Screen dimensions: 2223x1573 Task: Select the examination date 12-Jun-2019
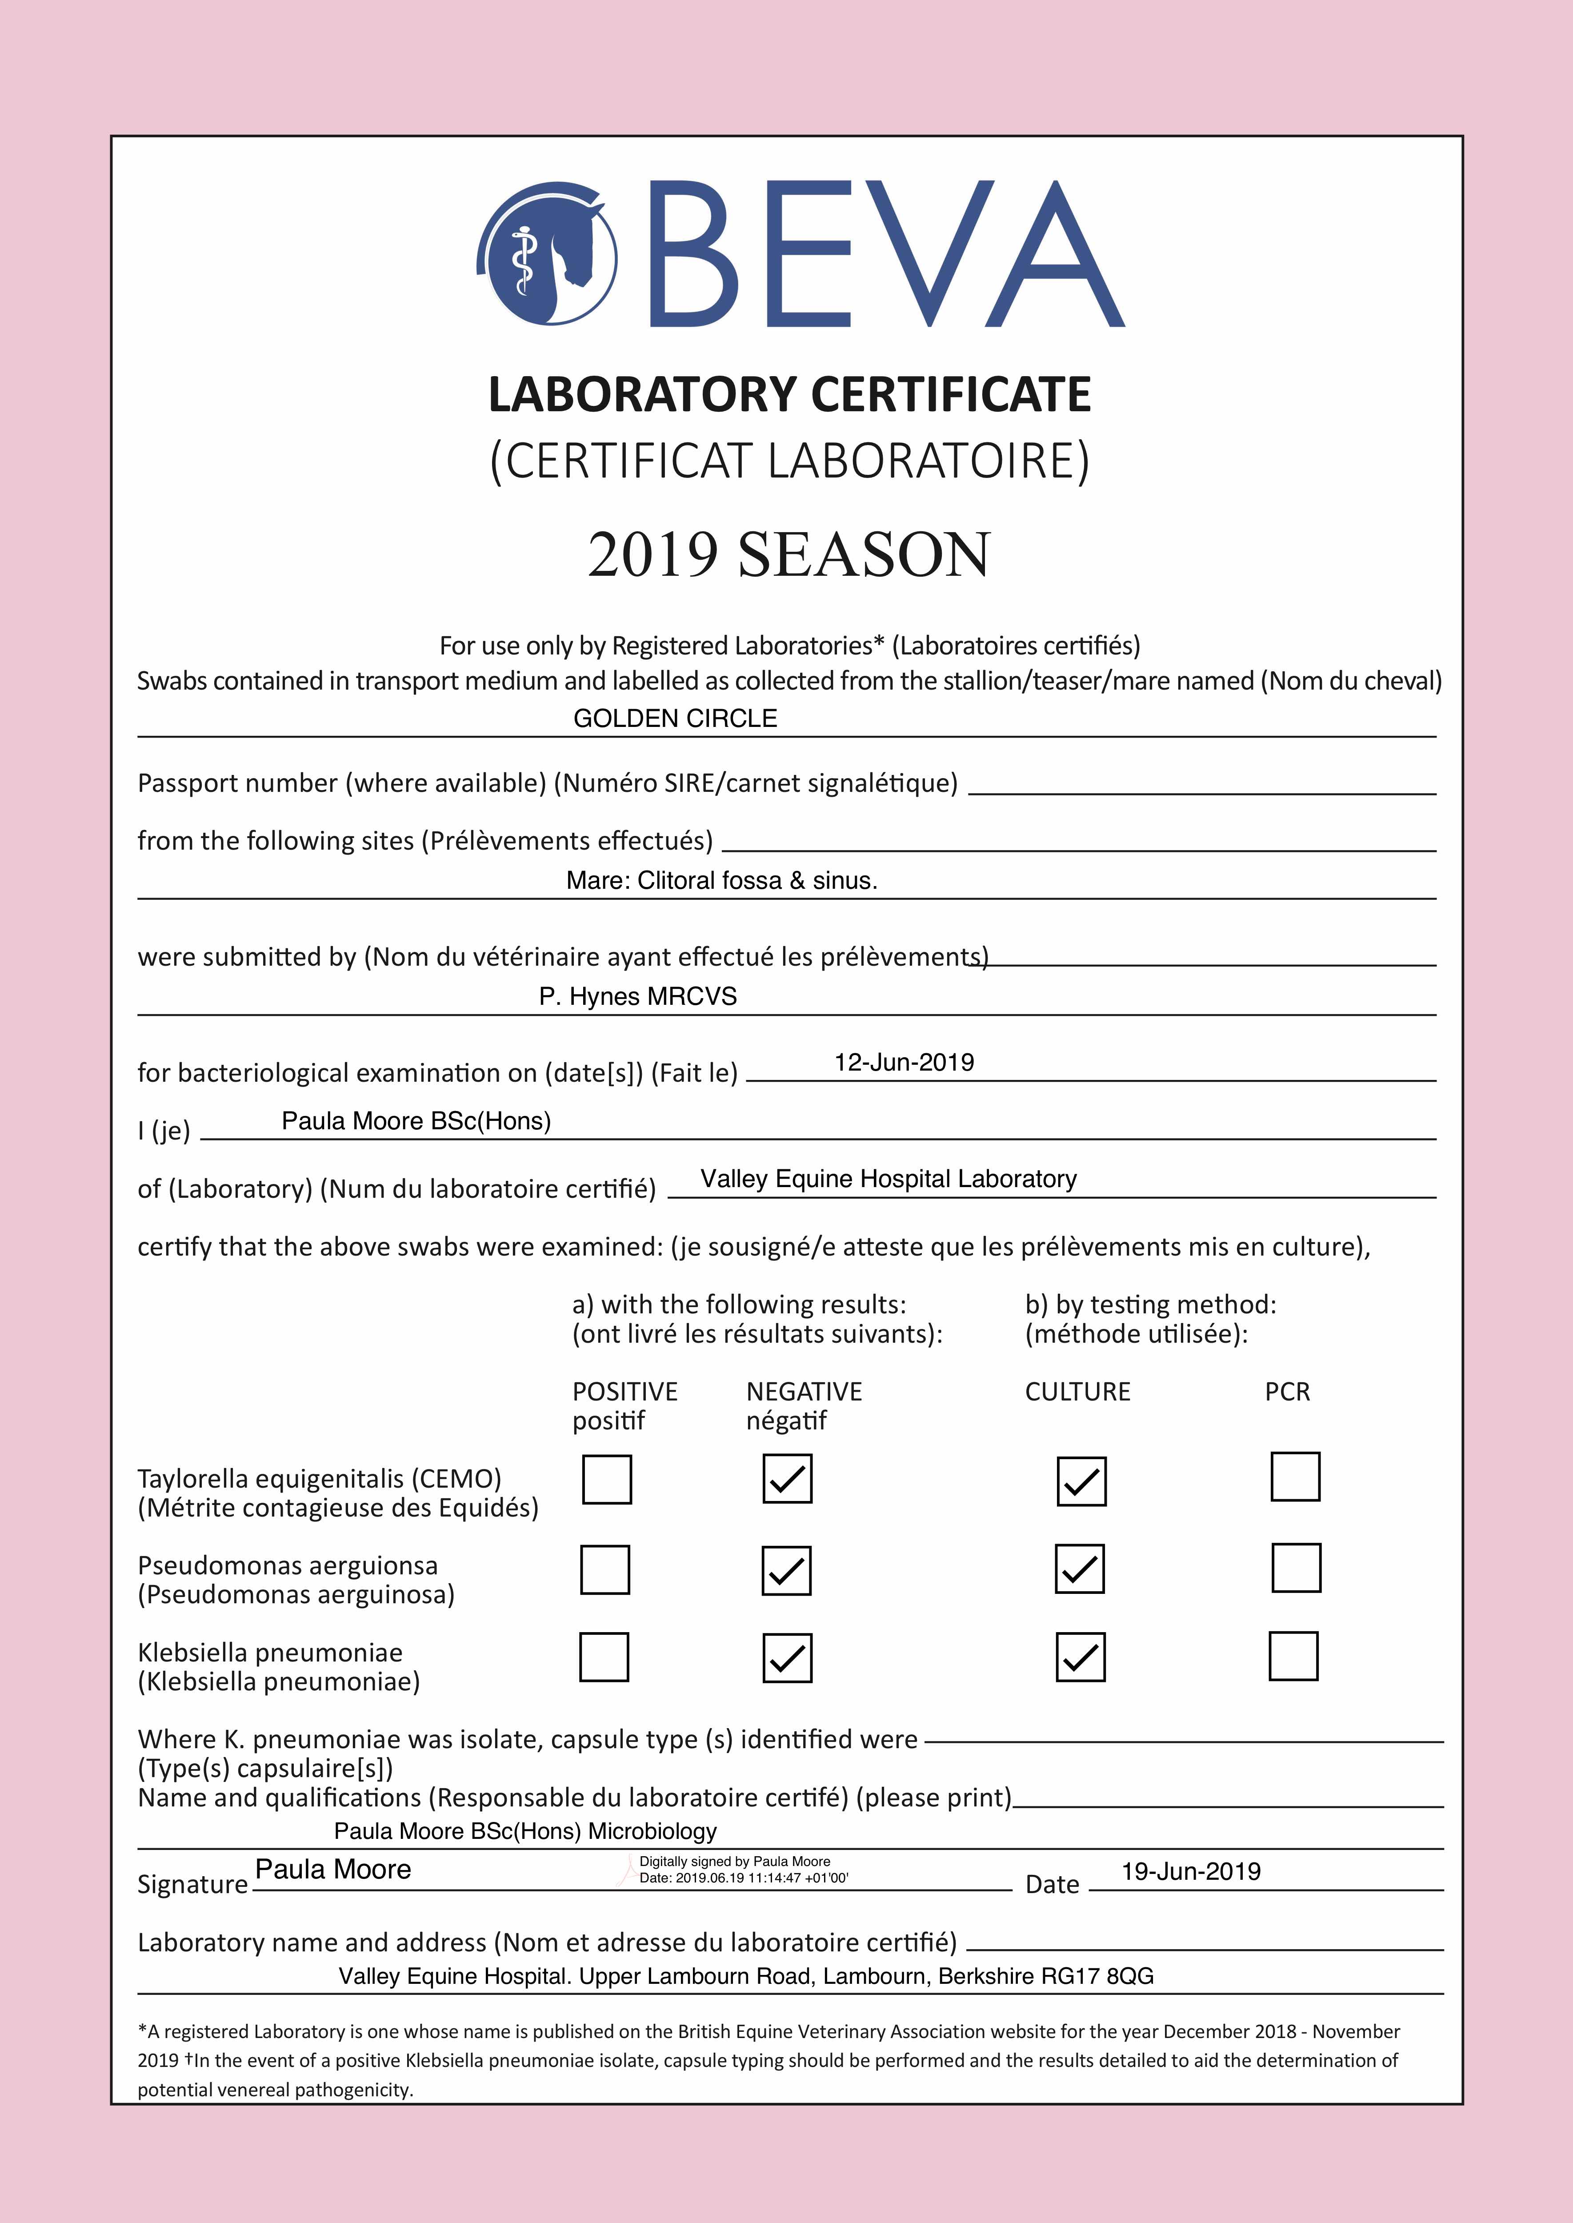click(x=904, y=1063)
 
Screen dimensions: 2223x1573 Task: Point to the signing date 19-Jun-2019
click(x=1190, y=1871)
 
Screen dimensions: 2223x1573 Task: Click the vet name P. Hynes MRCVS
click(x=637, y=997)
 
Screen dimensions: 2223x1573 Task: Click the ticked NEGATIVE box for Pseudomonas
click(x=787, y=1570)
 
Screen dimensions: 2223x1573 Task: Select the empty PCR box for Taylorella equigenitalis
click(x=1295, y=1477)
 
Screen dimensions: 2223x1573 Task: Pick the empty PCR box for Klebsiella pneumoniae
click(x=1293, y=1656)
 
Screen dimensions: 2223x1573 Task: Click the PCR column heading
click(x=1287, y=1392)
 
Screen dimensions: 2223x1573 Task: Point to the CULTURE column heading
click(x=1077, y=1392)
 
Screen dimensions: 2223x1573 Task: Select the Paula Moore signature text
click(x=333, y=1870)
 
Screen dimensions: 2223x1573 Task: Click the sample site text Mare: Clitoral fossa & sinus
click(x=721, y=880)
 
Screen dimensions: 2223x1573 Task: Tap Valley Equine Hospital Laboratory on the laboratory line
click(x=888, y=1179)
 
